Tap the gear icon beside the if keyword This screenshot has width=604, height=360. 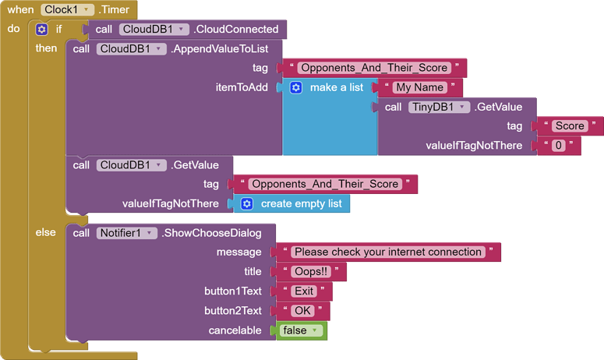42,30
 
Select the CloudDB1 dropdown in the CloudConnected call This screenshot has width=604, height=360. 154,30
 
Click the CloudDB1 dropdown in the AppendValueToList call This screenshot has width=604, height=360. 131,48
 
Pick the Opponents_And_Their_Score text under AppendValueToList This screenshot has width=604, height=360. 373,68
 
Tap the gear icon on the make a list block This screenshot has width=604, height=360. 296,87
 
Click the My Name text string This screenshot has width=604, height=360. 420,87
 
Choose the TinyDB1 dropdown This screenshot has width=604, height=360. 439,107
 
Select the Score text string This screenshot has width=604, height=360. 569,126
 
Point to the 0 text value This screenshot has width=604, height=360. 558,146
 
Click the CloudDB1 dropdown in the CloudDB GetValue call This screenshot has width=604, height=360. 131,164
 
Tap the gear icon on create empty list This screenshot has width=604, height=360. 247,203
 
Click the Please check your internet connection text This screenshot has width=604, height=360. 387,252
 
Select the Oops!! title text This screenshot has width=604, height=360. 310,271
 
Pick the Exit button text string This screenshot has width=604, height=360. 304,291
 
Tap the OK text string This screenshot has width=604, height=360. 302,310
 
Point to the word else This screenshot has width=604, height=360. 45,232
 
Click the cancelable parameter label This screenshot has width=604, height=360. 235,330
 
